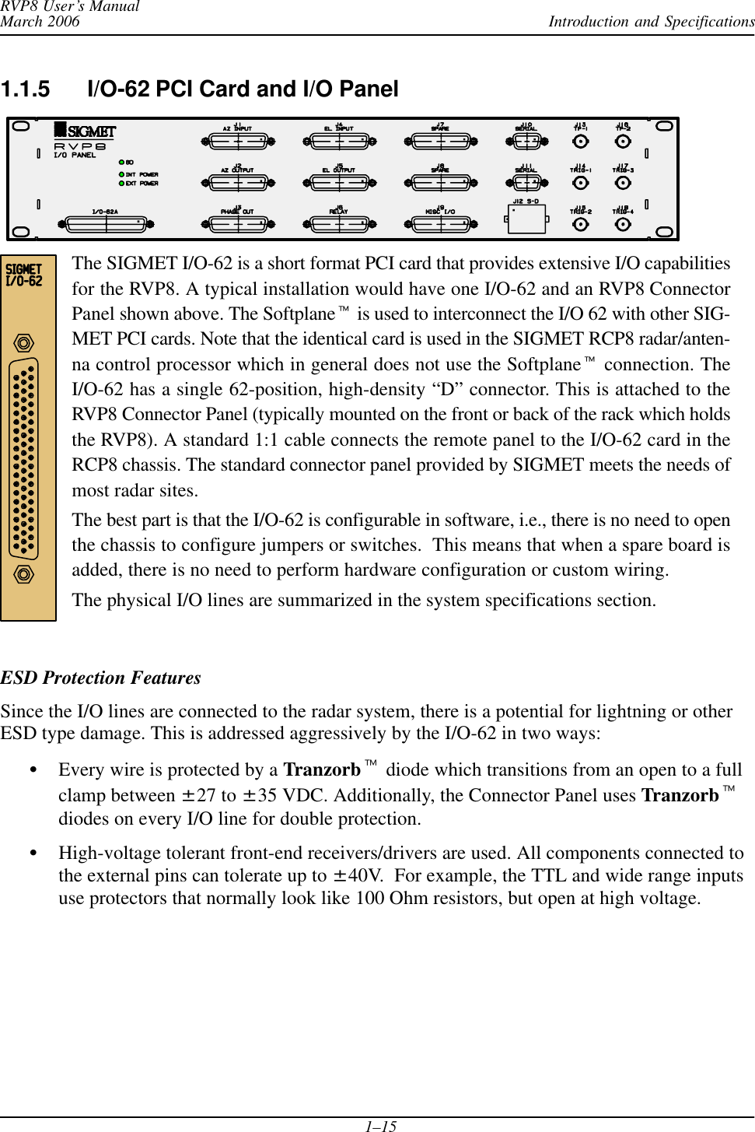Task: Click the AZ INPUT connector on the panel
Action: (x=238, y=142)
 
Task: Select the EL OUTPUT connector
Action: (x=339, y=183)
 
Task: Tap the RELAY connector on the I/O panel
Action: (x=339, y=224)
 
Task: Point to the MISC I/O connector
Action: (x=441, y=224)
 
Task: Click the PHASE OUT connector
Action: (x=238, y=224)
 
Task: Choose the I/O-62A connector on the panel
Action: (x=106, y=224)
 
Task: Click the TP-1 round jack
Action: (x=580, y=142)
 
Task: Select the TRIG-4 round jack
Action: (x=623, y=224)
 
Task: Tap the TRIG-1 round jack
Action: (x=580, y=183)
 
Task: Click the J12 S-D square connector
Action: (x=527, y=219)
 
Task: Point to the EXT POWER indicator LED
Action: (x=122, y=184)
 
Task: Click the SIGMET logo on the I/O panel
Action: (x=86, y=131)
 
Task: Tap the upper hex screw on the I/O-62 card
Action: (x=24, y=343)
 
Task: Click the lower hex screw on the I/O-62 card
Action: (x=24, y=574)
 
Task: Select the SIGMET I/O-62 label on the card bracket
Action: (x=24, y=275)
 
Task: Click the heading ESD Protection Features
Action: (x=101, y=678)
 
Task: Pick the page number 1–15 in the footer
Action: (x=381, y=1126)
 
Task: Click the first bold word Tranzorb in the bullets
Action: (x=322, y=769)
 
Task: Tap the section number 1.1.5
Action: (x=25, y=89)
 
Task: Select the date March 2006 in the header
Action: (x=40, y=22)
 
